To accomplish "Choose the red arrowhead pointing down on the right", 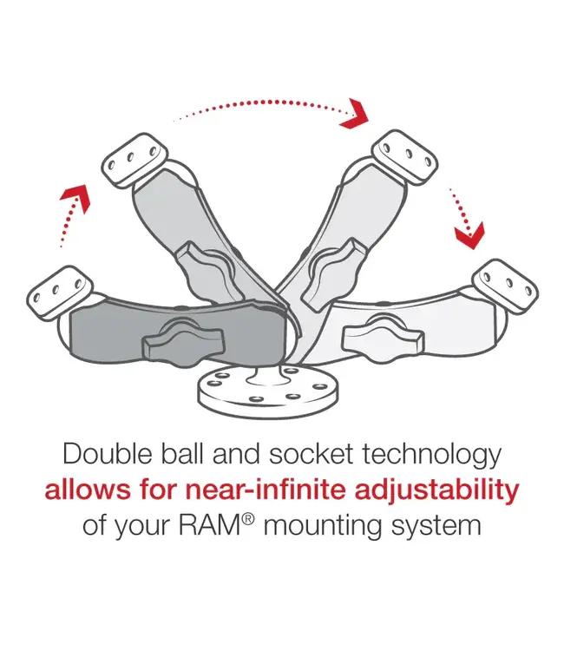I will (471, 230).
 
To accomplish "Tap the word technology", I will (430, 455).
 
